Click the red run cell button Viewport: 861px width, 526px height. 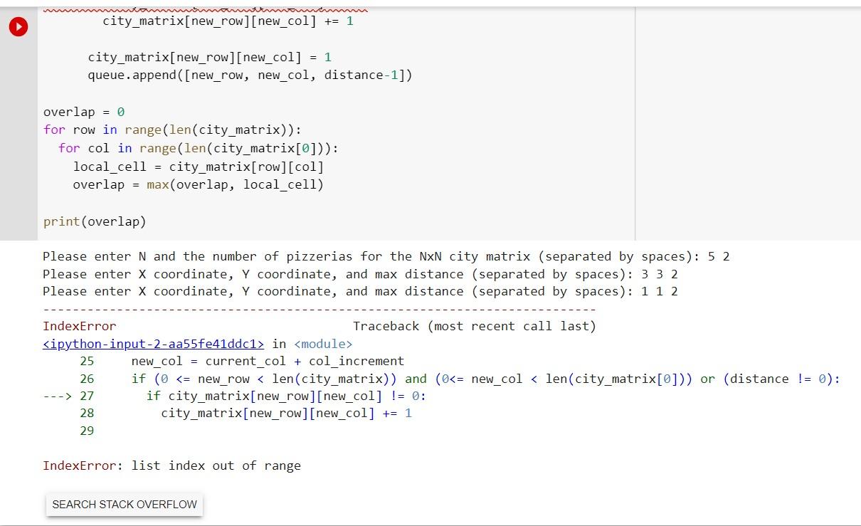coord(19,27)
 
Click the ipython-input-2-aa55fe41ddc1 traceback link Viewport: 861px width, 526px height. coord(153,344)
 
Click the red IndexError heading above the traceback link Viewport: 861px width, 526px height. coord(79,326)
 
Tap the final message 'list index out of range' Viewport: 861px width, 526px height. coord(216,465)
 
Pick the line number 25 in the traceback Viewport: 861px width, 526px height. coord(86,361)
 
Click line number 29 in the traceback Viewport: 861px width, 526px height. coord(86,431)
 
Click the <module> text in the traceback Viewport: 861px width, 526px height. coord(323,344)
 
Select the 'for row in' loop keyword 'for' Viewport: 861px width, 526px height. coord(53,130)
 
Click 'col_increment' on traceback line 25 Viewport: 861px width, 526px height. coord(356,361)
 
